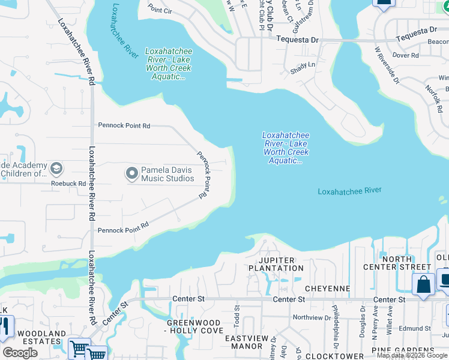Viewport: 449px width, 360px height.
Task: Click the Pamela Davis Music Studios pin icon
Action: [x=131, y=174]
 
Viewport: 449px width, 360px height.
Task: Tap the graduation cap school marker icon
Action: [x=57, y=169]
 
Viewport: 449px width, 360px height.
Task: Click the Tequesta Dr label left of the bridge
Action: [x=297, y=39]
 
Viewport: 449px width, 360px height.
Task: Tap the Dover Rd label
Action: [x=405, y=55]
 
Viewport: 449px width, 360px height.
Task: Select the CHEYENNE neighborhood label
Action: [x=327, y=289]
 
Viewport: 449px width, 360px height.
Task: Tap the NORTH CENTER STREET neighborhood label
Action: [x=398, y=263]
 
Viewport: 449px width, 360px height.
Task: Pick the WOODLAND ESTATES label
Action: [x=41, y=337]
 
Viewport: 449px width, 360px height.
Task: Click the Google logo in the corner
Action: [x=20, y=353]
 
